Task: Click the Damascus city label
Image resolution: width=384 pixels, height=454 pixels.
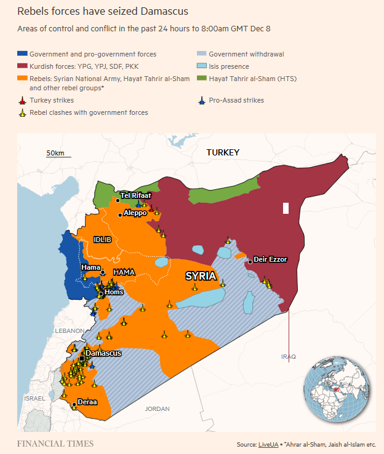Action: coord(103,353)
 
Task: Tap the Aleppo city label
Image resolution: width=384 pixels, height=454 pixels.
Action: coord(135,213)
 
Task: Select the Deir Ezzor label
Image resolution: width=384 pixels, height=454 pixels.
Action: coord(270,260)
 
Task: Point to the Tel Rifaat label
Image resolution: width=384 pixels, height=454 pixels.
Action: coord(136,195)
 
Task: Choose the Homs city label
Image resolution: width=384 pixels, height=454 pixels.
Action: coord(114,292)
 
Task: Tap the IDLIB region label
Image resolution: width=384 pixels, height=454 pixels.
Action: coord(102,239)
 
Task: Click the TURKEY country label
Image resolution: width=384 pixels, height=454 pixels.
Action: coord(223,152)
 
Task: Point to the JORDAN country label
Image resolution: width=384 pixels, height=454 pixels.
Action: coord(157,409)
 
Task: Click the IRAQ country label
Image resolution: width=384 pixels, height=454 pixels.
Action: coord(289,356)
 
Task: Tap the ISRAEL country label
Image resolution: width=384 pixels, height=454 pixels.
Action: coord(34,398)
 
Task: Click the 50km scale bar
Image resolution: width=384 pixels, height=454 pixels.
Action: coord(55,156)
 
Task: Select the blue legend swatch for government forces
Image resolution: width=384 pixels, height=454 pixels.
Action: coord(22,54)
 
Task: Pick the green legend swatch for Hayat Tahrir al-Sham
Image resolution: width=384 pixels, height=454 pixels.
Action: coord(202,79)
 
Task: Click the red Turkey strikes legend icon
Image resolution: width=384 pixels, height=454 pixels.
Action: coord(22,100)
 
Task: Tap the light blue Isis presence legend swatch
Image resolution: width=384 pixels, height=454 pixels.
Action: coord(202,66)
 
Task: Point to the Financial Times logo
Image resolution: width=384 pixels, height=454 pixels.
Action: coord(55,444)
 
